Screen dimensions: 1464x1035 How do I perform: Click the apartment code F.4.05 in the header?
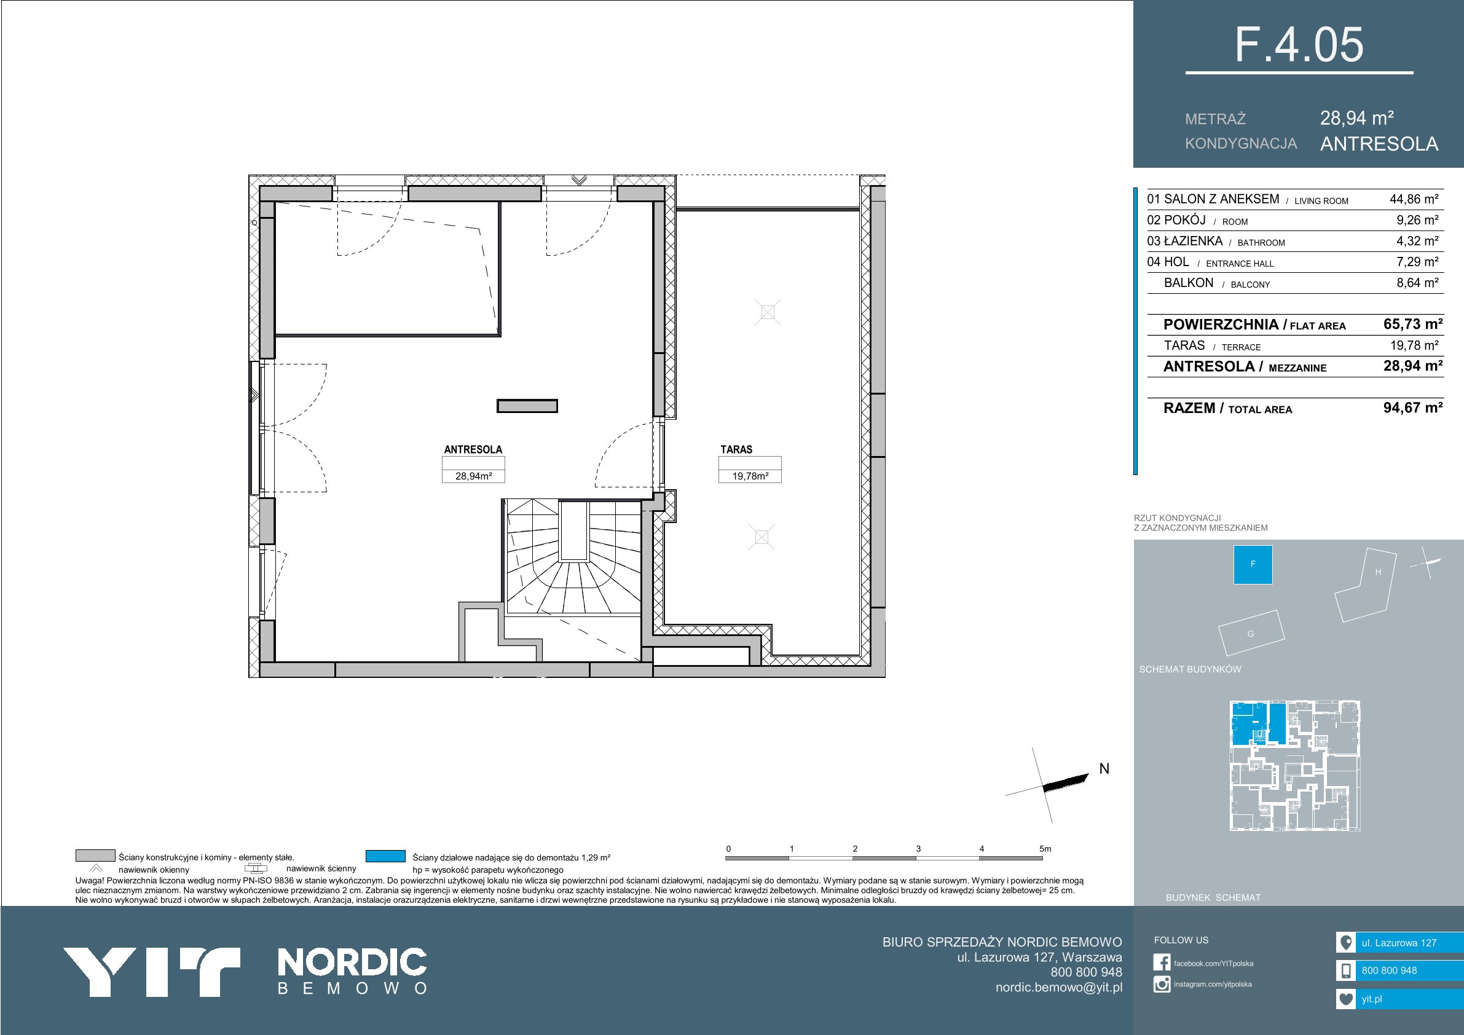pyautogui.click(x=1299, y=45)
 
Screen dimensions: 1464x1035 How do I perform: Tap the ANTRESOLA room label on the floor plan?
pyautogui.click(x=473, y=449)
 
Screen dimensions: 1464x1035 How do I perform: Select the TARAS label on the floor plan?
pyautogui.click(x=736, y=449)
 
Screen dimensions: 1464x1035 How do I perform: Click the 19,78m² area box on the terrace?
pyautogui.click(x=750, y=476)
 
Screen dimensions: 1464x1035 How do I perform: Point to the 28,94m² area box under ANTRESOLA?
pyautogui.click(x=473, y=476)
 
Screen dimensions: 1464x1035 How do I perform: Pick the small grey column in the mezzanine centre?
pyautogui.click(x=527, y=406)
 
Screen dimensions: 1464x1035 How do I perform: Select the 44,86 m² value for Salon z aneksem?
pyautogui.click(x=1414, y=199)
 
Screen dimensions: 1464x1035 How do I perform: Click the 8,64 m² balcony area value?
pyautogui.click(x=1417, y=283)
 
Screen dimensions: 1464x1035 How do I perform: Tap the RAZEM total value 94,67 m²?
pyautogui.click(x=1413, y=407)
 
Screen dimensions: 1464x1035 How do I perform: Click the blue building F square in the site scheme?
pyautogui.click(x=1253, y=564)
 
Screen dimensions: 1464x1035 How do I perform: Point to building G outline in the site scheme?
pyautogui.click(x=1251, y=632)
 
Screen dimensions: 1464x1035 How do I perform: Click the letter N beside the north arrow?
pyautogui.click(x=1104, y=769)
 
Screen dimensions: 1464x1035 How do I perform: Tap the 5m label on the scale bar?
pyautogui.click(x=1045, y=849)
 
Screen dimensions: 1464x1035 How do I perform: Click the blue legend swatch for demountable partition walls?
pyautogui.click(x=386, y=856)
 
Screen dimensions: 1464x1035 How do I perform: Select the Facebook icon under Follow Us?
pyautogui.click(x=1162, y=963)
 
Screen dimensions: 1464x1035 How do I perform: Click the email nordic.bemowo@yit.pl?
pyautogui.click(x=1058, y=988)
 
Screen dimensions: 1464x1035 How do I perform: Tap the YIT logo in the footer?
pyautogui.click(x=151, y=972)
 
